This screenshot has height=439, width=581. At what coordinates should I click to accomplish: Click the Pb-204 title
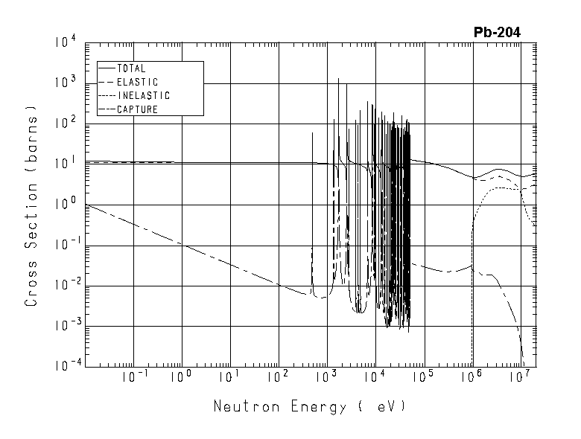point(497,32)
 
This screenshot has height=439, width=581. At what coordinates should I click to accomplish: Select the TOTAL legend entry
point(132,68)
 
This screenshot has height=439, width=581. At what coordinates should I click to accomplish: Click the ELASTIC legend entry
point(138,82)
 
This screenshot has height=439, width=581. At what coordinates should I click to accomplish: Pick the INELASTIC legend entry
point(144,95)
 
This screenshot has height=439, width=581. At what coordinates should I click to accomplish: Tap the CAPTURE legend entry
point(138,109)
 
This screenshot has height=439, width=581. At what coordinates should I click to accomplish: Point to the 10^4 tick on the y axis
point(66,42)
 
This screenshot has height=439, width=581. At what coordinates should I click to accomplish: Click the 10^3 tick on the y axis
point(66,83)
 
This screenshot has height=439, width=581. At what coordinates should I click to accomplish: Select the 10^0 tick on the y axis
point(66,204)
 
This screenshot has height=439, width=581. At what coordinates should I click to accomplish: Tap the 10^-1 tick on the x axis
point(133,379)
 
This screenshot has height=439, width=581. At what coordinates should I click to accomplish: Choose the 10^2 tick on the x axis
point(278,379)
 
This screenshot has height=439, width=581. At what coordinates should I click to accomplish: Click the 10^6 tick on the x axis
point(472,379)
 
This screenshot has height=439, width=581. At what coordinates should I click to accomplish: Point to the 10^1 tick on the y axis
point(66,164)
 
